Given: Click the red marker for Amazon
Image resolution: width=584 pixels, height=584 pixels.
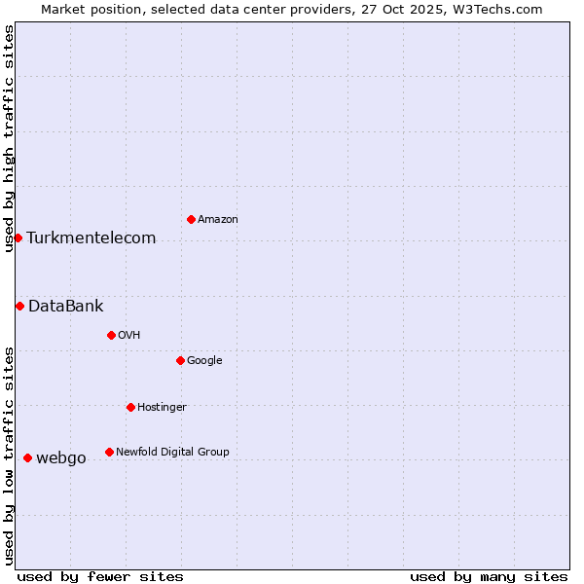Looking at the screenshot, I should click(191, 219).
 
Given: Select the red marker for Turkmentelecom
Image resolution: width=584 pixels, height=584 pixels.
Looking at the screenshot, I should click(18, 237).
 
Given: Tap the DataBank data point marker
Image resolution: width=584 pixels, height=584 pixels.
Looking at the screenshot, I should click(19, 306).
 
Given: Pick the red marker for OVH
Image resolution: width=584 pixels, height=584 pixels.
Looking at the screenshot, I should click(111, 335).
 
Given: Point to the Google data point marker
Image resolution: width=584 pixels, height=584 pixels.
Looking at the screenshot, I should click(180, 360).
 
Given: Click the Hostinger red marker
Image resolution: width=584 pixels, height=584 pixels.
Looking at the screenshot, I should click(130, 407).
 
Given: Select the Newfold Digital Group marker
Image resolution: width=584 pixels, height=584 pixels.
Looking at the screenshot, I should click(109, 452).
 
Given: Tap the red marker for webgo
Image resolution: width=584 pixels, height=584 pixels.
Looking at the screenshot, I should click(27, 457).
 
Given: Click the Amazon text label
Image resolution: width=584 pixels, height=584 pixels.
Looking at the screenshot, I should click(218, 220).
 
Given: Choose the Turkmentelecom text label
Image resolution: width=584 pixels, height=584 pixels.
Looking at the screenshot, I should click(91, 238).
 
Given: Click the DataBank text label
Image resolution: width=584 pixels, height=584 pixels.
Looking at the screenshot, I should click(66, 307).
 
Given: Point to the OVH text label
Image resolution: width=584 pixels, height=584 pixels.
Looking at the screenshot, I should click(129, 336).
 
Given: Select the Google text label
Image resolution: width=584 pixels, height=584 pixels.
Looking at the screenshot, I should click(204, 361).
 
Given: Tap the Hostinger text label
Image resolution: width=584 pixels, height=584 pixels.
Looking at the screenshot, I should click(162, 408).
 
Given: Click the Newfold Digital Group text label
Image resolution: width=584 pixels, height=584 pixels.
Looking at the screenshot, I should click(172, 452).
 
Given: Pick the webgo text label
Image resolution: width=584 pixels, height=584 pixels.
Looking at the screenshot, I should click(61, 458).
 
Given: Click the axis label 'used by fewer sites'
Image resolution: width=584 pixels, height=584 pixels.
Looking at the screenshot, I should click(100, 576).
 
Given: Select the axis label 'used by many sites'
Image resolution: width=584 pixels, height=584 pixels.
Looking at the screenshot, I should click(489, 576).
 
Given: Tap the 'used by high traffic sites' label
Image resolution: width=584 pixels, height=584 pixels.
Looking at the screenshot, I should click(9, 138).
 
